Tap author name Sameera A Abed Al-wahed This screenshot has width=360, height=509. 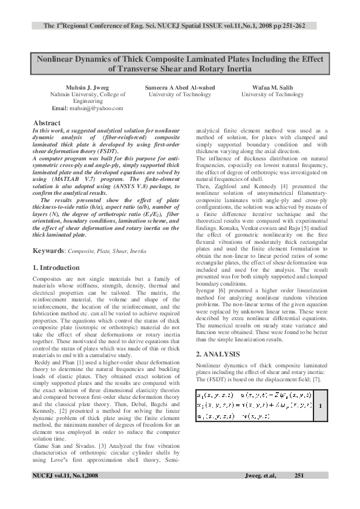tap(180, 87)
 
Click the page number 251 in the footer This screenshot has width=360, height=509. tap(298, 476)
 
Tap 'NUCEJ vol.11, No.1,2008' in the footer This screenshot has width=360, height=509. tap(65, 476)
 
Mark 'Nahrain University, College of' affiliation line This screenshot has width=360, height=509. tap(88, 94)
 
